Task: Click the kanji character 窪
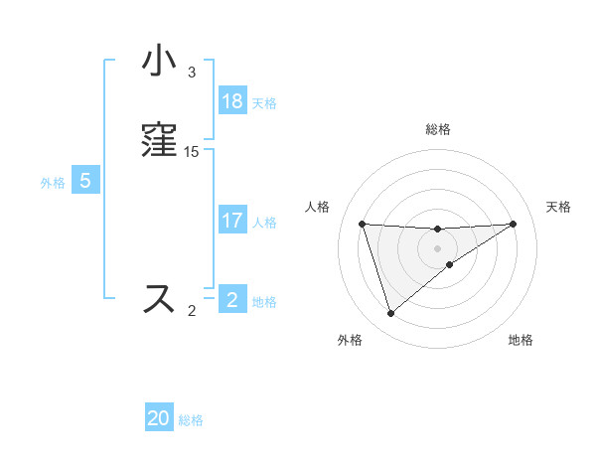coord(160,140)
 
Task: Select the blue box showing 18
coord(232,101)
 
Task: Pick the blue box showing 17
coord(232,221)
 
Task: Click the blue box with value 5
coord(86,181)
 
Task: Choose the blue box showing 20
coord(159,418)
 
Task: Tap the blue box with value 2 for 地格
coord(232,299)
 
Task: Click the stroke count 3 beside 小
coord(192,73)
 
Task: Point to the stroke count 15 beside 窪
coord(192,151)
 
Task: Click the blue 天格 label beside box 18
coord(264,103)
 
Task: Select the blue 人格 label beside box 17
coord(264,223)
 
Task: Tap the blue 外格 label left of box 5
coord(53,183)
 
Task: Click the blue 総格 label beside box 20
coord(191,420)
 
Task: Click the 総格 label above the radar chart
coord(438,129)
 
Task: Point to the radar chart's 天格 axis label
coord(558,207)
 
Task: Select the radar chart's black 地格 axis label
coord(521,341)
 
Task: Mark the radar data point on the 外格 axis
coord(390,314)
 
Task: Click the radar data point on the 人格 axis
coord(363,224)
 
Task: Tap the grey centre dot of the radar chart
coord(438,247)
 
